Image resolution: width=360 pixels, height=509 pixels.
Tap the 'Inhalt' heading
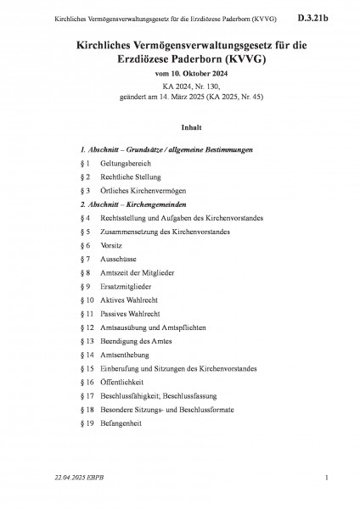click(179, 129)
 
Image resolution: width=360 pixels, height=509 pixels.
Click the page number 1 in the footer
click(327, 490)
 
